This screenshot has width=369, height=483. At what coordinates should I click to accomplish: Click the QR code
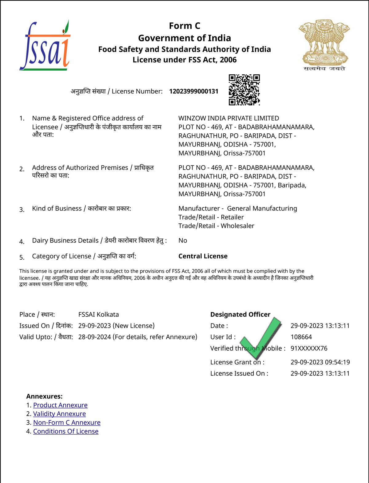[244, 90]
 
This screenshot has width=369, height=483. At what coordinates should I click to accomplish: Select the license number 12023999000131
[194, 91]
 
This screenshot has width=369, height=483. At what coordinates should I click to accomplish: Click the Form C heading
[184, 26]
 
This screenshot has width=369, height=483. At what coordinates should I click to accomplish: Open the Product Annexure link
[60, 405]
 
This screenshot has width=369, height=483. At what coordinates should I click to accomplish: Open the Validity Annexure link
[59, 414]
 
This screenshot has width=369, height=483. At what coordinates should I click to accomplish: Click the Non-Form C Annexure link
[67, 422]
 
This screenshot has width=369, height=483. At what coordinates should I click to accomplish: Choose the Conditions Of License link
[66, 431]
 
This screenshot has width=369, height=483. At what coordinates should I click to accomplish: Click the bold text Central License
[203, 256]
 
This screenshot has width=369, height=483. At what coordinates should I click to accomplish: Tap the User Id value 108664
[301, 337]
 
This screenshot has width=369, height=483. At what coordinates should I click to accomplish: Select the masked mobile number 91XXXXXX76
[309, 348]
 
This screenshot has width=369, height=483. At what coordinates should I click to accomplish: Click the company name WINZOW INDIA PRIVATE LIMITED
[228, 118]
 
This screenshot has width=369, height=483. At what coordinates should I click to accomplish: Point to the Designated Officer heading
[240, 314]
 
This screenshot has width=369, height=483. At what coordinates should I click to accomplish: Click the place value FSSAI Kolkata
[98, 315]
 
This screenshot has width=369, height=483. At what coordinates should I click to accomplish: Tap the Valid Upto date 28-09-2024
[94, 337]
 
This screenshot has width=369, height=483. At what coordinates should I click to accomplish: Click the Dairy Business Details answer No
[183, 241]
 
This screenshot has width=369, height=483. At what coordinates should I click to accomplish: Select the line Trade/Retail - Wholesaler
[216, 226]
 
